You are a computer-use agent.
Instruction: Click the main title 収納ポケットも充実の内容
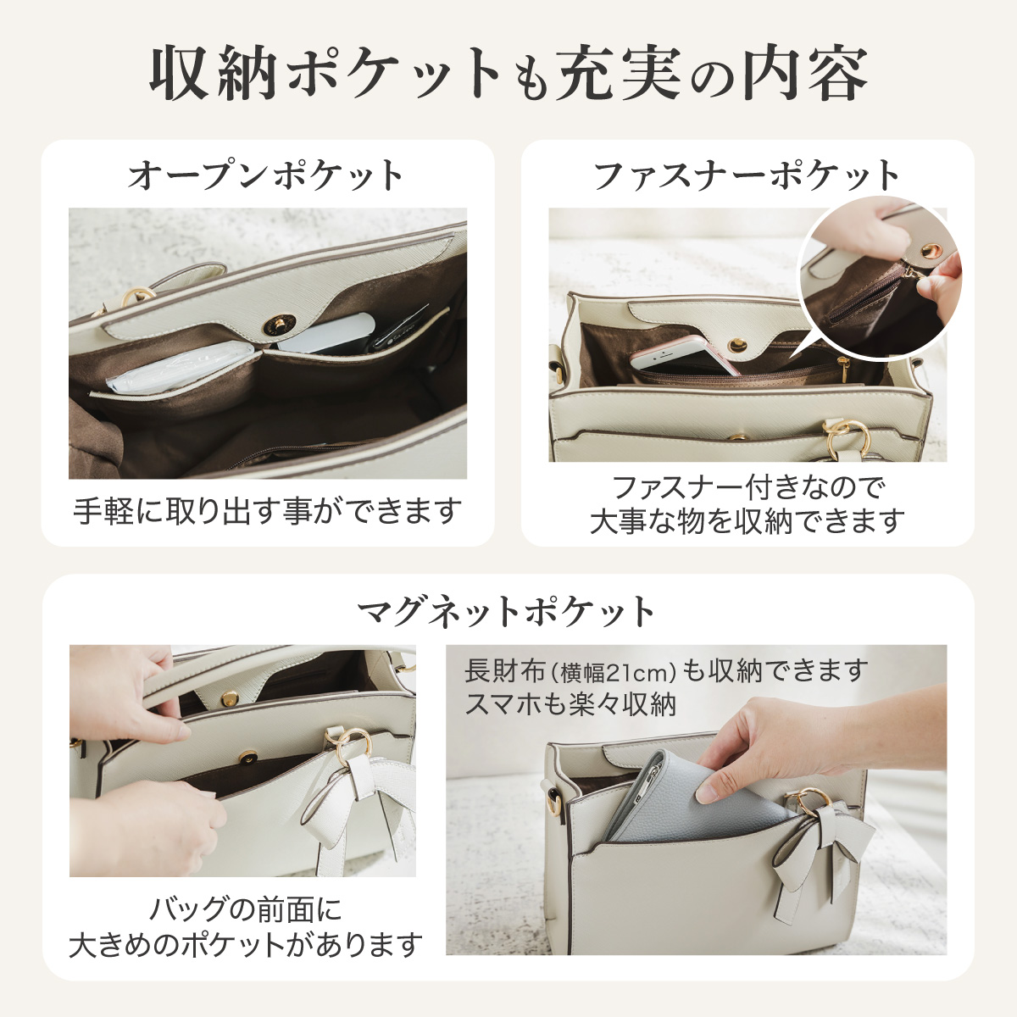tap(508, 74)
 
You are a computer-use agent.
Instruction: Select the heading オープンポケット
tap(266, 175)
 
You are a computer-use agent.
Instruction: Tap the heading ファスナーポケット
tap(747, 175)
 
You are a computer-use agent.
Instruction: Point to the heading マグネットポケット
tap(507, 610)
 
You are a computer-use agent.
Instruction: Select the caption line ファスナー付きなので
tap(747, 487)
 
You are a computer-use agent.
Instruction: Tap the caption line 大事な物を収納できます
tap(747, 521)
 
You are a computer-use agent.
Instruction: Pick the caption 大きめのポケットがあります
tap(246, 944)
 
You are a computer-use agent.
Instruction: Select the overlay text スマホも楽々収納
tap(570, 704)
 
